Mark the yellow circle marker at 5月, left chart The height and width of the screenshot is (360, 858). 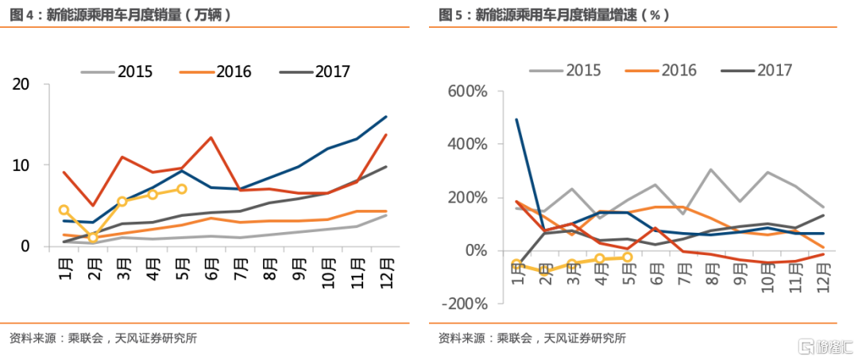point(182,189)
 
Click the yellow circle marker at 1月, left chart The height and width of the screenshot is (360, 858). point(64,210)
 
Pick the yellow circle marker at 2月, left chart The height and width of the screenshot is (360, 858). point(94,238)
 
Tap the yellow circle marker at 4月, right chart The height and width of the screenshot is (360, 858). point(600,259)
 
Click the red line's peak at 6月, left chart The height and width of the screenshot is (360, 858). point(211,137)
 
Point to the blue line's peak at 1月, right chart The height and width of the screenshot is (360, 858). point(517,119)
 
